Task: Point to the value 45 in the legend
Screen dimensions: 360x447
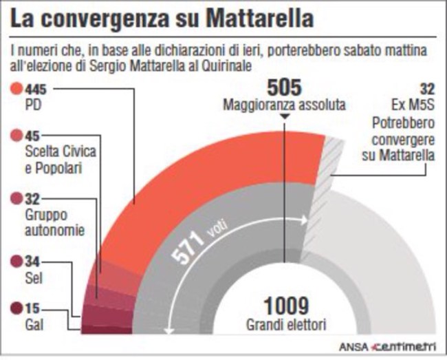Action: pyautogui.click(x=32, y=136)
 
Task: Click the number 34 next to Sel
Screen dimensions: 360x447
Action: pyautogui.click(x=32, y=261)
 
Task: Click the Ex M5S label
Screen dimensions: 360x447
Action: pyautogui.click(x=412, y=107)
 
